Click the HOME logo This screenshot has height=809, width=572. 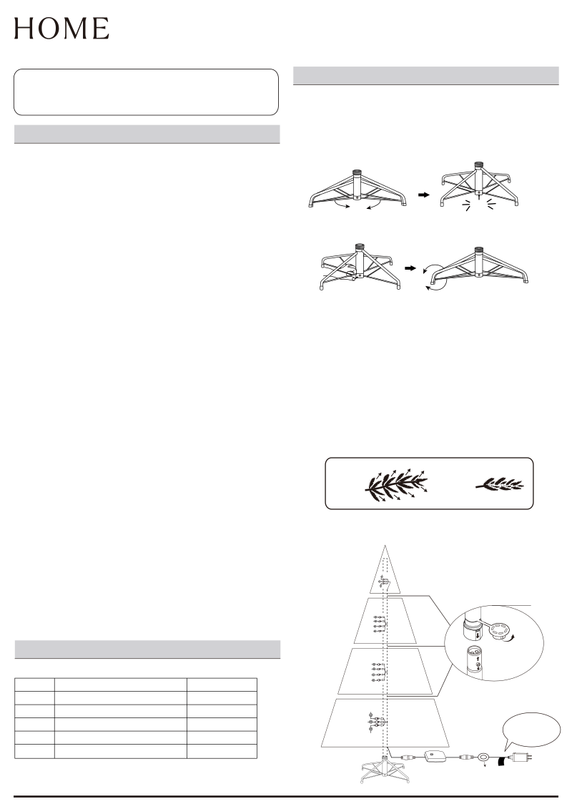point(61,29)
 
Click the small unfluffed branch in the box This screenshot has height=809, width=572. point(499,484)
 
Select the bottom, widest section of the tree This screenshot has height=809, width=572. point(385,722)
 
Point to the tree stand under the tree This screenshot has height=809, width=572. point(384,770)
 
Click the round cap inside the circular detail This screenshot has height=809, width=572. point(499,630)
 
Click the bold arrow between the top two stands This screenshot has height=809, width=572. point(423,195)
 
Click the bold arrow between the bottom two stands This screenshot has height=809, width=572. point(410,268)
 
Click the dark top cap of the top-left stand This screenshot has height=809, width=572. point(357,172)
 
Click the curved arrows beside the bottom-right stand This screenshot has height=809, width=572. point(433,279)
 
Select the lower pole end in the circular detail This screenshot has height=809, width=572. point(475,661)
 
